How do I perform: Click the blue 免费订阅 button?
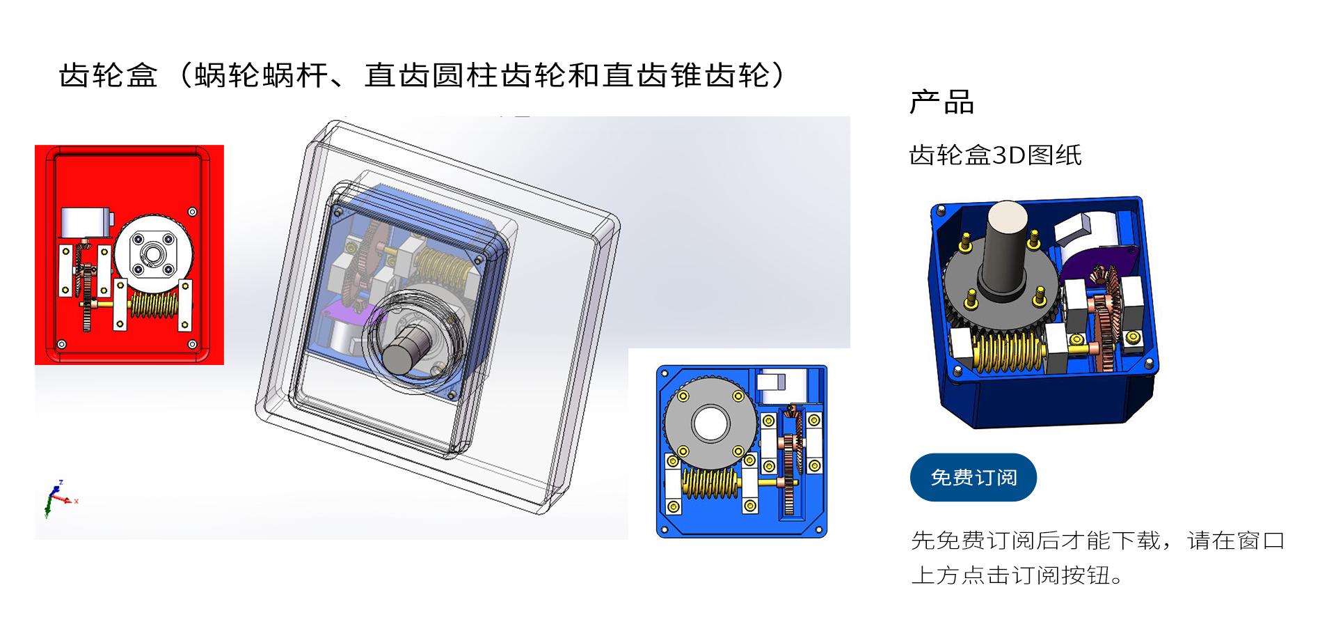pyautogui.click(x=973, y=477)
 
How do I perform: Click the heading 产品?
pyautogui.click(x=941, y=102)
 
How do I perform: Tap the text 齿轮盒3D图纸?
pyautogui.click(x=995, y=155)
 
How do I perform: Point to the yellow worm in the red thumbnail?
pyautogui.click(x=154, y=305)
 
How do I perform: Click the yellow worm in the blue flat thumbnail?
pyautogui.click(x=710, y=483)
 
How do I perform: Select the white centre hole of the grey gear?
pyautogui.click(x=710, y=424)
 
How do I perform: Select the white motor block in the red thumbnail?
pyautogui.click(x=85, y=223)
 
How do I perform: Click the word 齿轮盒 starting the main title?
pyautogui.click(x=109, y=75)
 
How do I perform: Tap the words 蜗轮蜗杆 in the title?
pyautogui.click(x=261, y=75)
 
